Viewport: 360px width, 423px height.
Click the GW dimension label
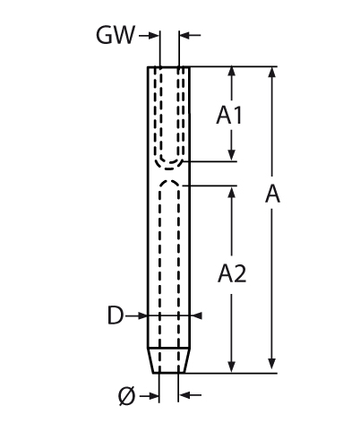tap(116, 35)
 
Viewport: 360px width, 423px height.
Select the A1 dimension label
tap(229, 116)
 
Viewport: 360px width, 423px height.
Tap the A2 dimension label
tap(232, 273)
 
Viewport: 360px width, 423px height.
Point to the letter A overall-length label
tap(272, 194)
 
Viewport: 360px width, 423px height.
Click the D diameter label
tap(116, 315)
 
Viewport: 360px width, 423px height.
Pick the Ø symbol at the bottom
tap(126, 396)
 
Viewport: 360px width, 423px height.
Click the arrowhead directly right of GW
tap(154, 36)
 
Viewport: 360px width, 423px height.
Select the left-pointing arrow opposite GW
tap(190, 35)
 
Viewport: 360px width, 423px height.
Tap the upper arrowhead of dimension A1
tap(232, 72)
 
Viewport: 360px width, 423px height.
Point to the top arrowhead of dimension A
tap(271, 72)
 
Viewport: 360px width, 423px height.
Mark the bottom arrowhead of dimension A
tap(271, 363)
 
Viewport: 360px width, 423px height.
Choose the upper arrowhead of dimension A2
tap(232, 192)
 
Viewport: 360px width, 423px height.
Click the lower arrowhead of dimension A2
tap(232, 367)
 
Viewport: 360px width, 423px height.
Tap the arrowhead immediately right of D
tap(142, 315)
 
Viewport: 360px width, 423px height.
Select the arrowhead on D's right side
tap(196, 315)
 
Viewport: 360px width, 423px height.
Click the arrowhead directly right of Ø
tap(154, 396)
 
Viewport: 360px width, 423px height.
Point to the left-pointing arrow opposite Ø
tap(190, 396)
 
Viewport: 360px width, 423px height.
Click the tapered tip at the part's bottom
tap(169, 360)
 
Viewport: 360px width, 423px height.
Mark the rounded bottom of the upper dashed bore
tap(169, 164)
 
